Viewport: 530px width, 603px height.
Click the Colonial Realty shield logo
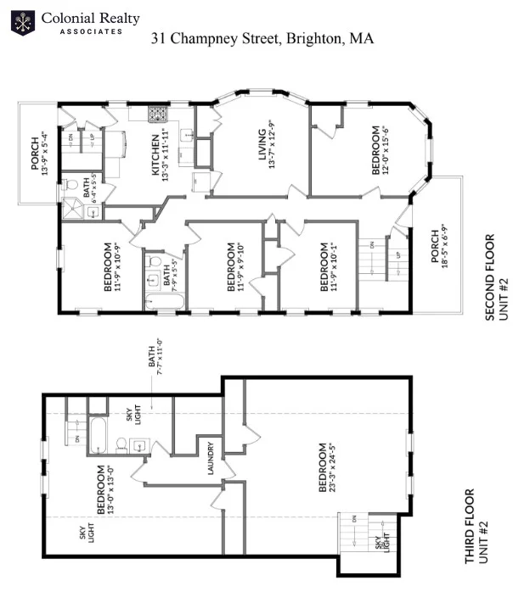pyautogui.click(x=23, y=22)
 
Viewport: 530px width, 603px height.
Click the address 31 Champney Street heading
pyautogui.click(x=262, y=38)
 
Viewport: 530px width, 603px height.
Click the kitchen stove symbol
pyautogui.click(x=157, y=113)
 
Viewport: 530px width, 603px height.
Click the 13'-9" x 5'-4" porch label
pyautogui.click(x=40, y=154)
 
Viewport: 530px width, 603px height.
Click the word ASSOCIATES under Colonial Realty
pyautogui.click(x=90, y=31)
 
